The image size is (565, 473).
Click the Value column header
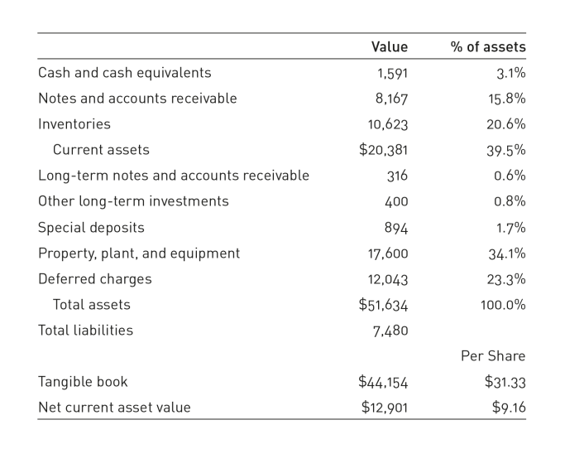(x=390, y=47)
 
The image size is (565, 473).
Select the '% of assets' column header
(x=488, y=47)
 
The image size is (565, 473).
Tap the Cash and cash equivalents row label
(x=125, y=73)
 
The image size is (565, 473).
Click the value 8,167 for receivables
(x=391, y=99)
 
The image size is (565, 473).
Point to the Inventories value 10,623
(x=388, y=124)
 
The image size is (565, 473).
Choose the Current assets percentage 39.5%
(x=506, y=150)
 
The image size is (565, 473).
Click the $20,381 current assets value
(x=383, y=150)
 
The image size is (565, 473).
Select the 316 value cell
(x=397, y=176)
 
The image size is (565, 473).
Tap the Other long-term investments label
(x=133, y=201)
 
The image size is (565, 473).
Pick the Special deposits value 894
(x=396, y=228)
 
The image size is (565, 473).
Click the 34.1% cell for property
(x=507, y=253)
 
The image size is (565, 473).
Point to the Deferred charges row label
(x=95, y=279)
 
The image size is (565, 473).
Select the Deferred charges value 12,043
(x=388, y=280)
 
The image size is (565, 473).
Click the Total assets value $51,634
(x=383, y=305)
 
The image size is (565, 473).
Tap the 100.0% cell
(x=503, y=305)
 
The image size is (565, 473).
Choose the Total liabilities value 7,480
(x=390, y=331)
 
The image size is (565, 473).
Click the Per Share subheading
(x=493, y=356)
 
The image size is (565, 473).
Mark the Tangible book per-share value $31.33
(x=505, y=382)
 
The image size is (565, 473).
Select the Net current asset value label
(x=114, y=408)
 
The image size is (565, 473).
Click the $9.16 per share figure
(x=509, y=408)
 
